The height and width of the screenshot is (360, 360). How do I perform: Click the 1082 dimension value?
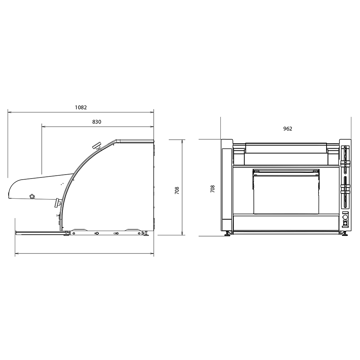coord(81,107)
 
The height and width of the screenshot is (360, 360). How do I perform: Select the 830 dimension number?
coord(96,122)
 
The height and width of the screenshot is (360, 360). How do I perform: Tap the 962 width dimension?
coord(287,129)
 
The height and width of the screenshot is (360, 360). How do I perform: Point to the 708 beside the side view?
coord(177,190)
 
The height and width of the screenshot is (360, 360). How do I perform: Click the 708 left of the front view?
coord(213,189)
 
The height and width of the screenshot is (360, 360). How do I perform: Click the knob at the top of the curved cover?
coord(97,146)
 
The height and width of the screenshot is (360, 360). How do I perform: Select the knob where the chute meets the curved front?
coord(57,203)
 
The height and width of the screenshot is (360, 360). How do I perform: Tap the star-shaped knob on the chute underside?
coord(32,196)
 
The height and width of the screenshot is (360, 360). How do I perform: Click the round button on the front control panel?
coord(345,217)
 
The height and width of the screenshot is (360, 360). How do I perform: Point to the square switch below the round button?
coord(345,223)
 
